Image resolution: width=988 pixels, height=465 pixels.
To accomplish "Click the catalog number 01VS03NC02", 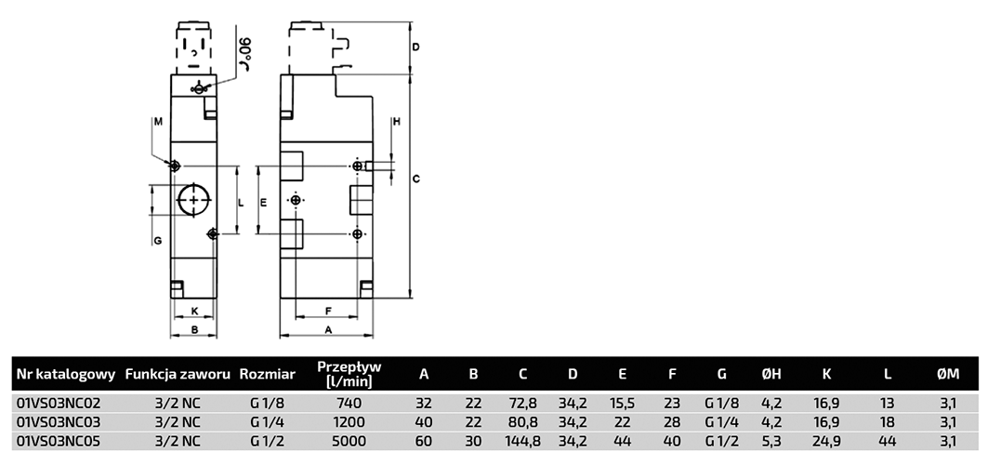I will tap(59, 403).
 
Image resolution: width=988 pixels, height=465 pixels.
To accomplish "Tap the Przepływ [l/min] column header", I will tap(349, 374).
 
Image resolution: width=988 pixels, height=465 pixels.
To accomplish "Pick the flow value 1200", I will tap(349, 421).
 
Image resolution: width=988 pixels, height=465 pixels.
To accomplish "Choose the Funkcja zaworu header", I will tap(178, 375).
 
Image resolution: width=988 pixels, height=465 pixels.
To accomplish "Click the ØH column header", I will tap(771, 375).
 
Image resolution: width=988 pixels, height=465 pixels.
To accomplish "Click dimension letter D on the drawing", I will tap(417, 46).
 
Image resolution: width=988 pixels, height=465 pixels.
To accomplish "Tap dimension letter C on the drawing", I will tap(417, 179).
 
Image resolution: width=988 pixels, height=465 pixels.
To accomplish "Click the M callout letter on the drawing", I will tap(158, 121).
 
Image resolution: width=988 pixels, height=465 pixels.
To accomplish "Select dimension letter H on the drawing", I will tap(395, 122).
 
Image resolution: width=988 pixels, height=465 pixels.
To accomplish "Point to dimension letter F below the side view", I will tap(328, 311).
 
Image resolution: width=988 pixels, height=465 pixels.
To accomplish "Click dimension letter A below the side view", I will tap(328, 330).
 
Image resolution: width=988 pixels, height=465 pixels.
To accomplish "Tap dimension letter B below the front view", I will tap(193, 330).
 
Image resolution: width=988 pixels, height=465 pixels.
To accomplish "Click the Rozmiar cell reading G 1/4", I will tap(267, 421).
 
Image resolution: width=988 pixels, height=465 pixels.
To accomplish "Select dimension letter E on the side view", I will tap(264, 201).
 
